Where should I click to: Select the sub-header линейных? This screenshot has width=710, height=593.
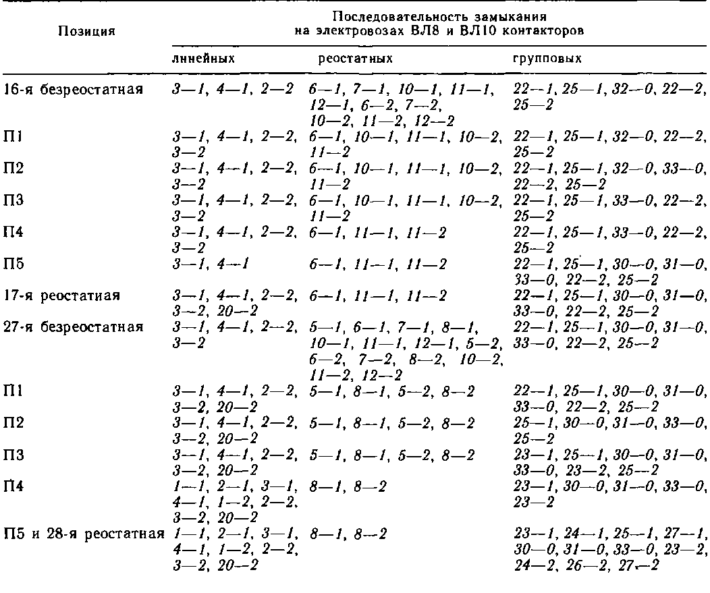[204, 59]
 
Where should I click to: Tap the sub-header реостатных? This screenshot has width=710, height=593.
[355, 59]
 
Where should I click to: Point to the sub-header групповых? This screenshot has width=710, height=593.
[547, 59]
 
